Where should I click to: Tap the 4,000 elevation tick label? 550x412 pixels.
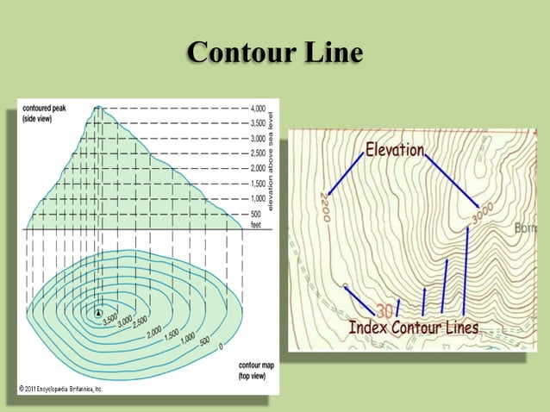(258, 109)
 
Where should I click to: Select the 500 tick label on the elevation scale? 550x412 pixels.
(256, 213)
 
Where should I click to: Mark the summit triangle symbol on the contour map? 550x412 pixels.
(98, 312)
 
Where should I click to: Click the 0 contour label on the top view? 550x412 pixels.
(221, 347)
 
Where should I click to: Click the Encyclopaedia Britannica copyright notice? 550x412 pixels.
(60, 390)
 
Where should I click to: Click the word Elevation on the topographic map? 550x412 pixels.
(395, 150)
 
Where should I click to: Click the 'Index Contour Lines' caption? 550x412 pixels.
(413, 328)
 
